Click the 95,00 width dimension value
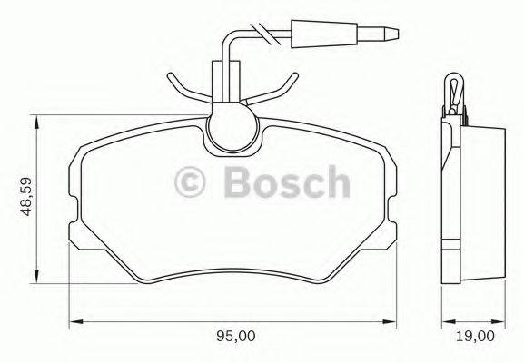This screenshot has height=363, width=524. coord(236,338)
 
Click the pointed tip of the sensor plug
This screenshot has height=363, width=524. coord(397,35)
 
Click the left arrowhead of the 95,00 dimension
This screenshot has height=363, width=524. coord(75,321)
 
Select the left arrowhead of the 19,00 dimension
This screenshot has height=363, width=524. coord(443,321)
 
